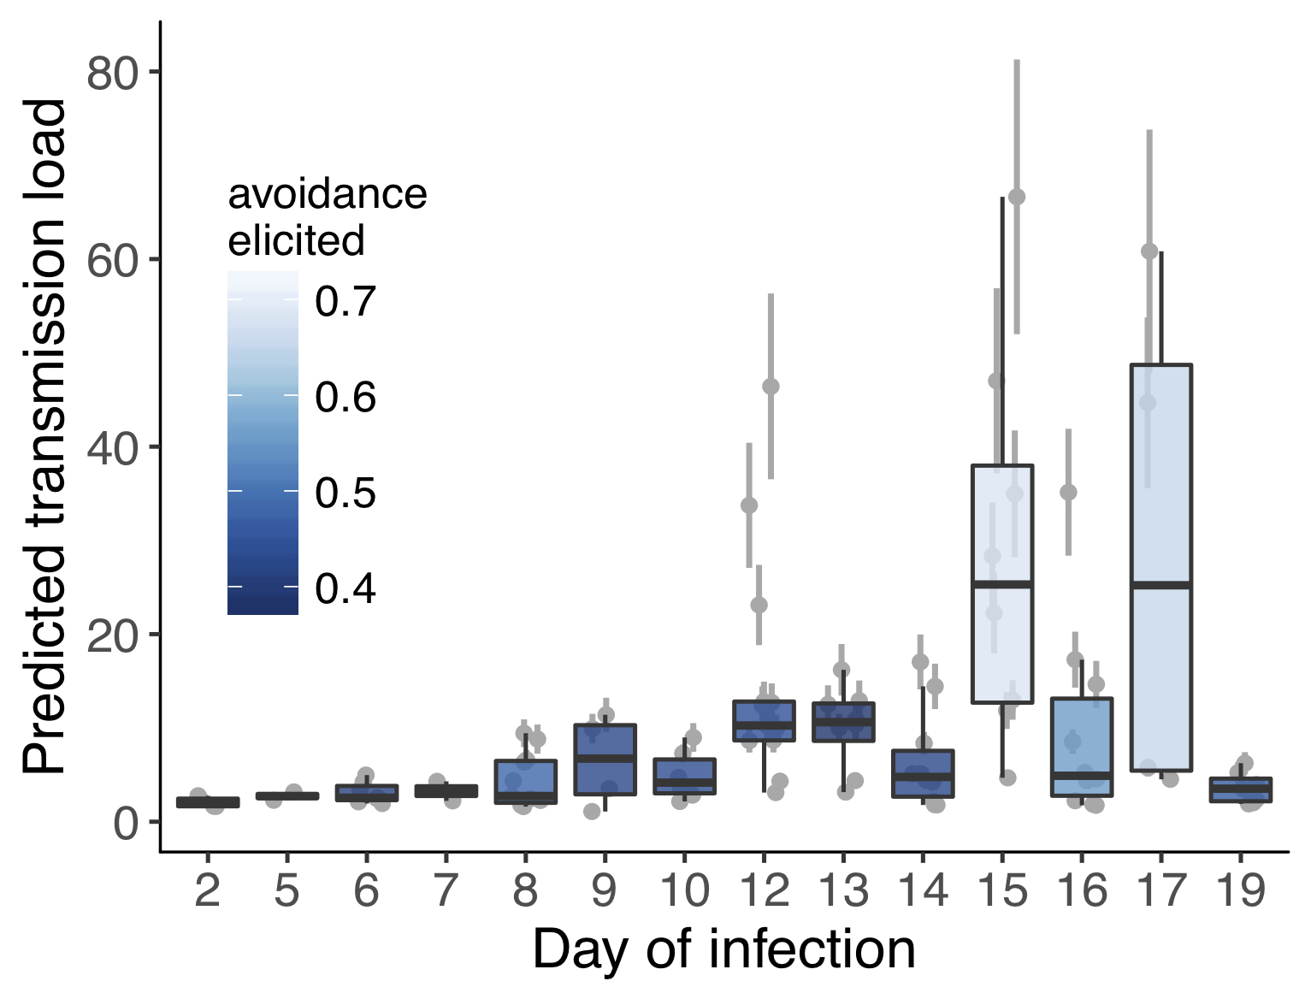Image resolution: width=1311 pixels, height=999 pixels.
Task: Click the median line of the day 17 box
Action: click(x=1160, y=585)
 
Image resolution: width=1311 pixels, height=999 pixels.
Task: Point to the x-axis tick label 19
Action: click(x=1240, y=890)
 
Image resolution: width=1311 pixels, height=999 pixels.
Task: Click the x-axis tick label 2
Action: click(x=207, y=890)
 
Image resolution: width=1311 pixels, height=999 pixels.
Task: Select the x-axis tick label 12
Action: click(x=764, y=890)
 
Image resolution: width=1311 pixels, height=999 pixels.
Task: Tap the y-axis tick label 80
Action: click(x=112, y=74)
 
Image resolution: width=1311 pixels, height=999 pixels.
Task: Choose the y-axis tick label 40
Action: click(x=112, y=447)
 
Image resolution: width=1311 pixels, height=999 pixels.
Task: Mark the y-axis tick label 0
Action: click(x=126, y=824)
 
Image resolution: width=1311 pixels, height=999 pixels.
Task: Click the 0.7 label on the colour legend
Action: click(x=345, y=301)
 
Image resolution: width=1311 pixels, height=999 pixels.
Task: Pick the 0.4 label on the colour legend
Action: click(x=345, y=588)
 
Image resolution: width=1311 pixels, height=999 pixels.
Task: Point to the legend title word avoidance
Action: click(x=327, y=194)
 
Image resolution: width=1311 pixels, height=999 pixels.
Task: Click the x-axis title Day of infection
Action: click(x=723, y=949)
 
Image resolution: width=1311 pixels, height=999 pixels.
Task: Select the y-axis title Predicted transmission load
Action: click(x=44, y=436)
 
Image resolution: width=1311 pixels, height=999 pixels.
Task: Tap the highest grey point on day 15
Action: click(x=1017, y=197)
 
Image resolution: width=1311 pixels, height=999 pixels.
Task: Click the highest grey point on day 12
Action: click(x=771, y=387)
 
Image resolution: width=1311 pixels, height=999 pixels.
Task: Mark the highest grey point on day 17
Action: click(x=1149, y=251)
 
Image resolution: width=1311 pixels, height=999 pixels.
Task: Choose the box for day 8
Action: click(x=525, y=781)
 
